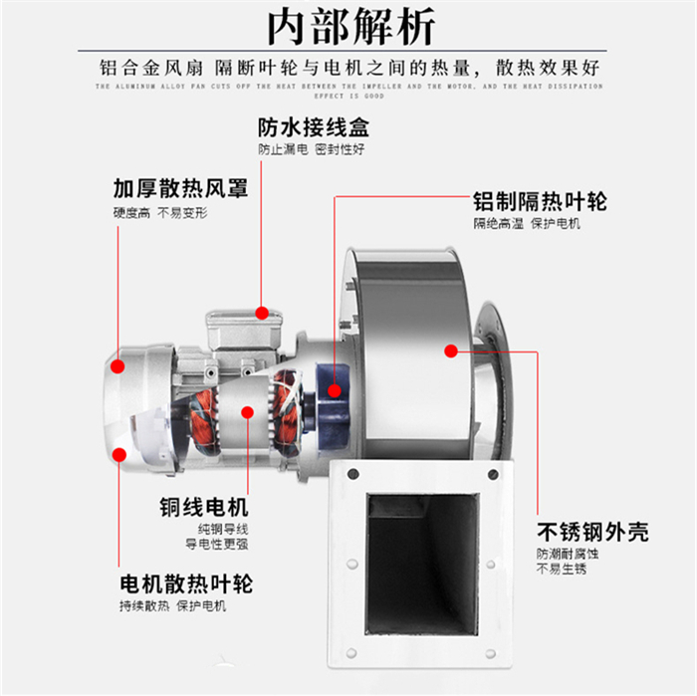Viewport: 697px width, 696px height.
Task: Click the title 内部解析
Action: pyautogui.click(x=348, y=27)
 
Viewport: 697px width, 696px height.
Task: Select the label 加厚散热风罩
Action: pyautogui.click(x=180, y=188)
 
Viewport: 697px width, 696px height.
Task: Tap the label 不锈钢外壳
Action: pyautogui.click(x=592, y=531)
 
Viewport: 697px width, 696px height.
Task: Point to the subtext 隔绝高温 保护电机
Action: pyautogui.click(x=527, y=223)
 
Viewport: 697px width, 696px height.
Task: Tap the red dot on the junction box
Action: pyautogui.click(x=262, y=313)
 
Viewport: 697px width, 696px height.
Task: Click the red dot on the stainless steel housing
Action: pyautogui.click(x=451, y=350)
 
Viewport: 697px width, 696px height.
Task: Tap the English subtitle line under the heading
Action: pyautogui.click(x=348, y=90)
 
